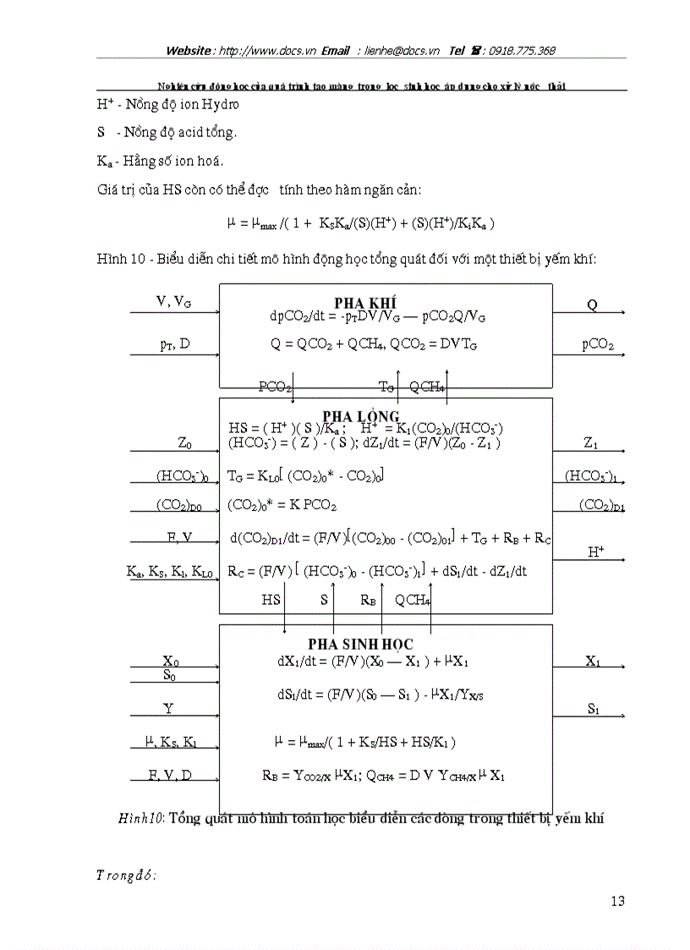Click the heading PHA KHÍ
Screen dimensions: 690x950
pos(365,303)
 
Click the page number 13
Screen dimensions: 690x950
pos(617,902)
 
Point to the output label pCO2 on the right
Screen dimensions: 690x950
pos(597,345)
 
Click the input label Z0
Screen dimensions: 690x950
pos(184,442)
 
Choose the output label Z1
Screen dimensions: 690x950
pos(591,442)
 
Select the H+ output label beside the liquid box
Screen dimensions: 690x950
pos(596,552)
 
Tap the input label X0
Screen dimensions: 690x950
pos(171,662)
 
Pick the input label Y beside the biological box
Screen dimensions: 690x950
pos(169,709)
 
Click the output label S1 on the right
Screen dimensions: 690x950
pos(594,710)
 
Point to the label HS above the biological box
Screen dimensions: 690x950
pos(271,600)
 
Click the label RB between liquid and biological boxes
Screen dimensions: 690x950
pos(368,600)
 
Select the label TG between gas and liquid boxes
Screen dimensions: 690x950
pos(386,387)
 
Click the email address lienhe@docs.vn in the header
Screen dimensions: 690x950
pos(402,51)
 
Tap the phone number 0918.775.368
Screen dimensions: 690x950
pos(520,51)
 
